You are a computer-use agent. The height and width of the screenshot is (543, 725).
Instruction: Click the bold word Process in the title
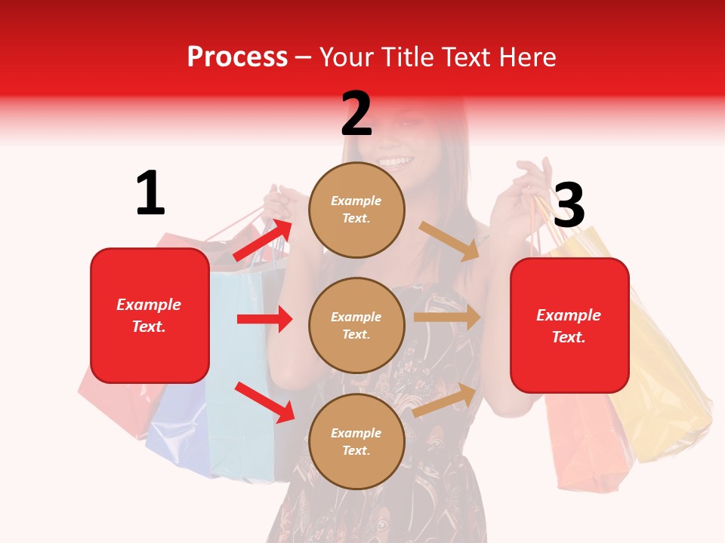237,57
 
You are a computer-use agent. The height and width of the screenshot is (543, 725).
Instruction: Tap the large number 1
150,193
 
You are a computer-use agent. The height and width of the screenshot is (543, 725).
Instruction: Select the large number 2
356,113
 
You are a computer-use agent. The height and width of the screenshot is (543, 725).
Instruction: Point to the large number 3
569,205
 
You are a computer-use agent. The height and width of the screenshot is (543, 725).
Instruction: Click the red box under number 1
150,315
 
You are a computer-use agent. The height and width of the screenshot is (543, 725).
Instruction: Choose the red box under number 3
569,326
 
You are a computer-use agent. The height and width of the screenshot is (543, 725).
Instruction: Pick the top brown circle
356,209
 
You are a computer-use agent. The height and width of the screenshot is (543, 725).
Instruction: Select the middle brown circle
356,325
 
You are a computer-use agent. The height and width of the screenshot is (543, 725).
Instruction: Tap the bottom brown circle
356,441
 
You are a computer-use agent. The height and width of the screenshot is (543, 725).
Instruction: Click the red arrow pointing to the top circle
263,241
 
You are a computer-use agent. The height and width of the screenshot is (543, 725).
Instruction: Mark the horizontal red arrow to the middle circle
264,319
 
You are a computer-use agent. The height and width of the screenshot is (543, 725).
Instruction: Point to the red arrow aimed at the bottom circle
264,402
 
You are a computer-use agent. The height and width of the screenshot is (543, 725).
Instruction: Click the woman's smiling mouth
396,161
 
